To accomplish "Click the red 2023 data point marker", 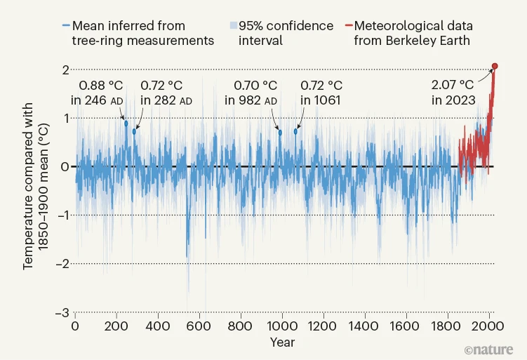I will (495, 67).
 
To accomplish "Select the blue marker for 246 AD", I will (126, 124).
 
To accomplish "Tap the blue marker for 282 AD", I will (134, 131).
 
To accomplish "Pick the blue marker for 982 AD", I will (280, 132).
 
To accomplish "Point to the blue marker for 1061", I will (296, 131).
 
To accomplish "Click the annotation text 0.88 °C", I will (100, 86).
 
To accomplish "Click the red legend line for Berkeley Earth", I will (347, 26).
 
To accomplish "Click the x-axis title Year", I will (282, 342).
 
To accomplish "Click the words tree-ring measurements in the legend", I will (142, 41).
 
